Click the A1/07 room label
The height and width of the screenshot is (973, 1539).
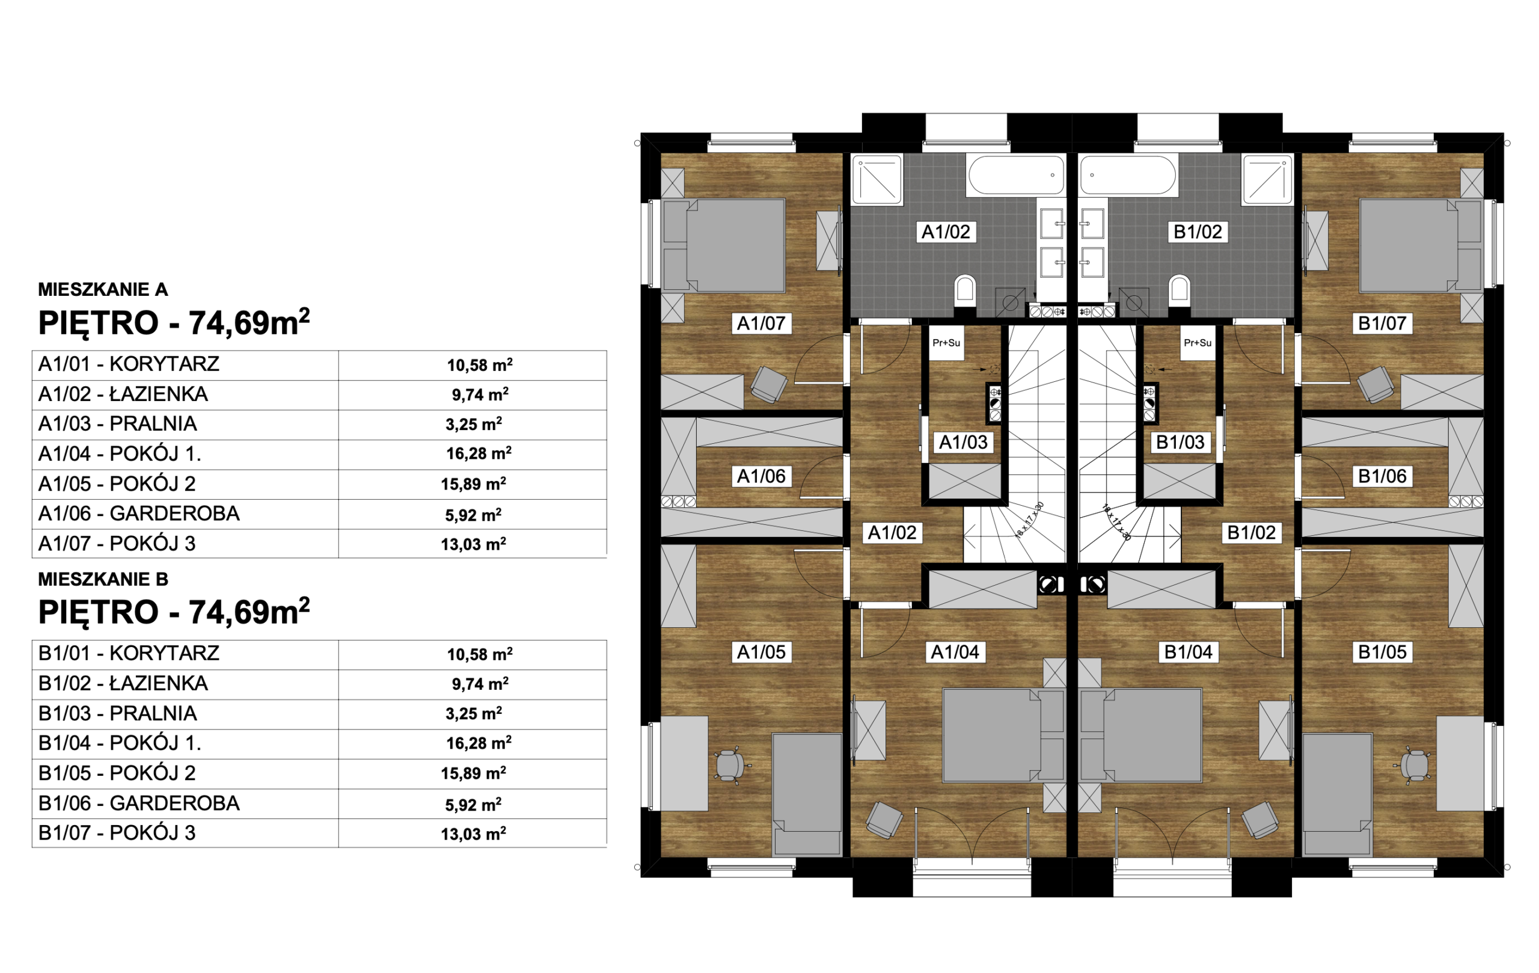(760, 324)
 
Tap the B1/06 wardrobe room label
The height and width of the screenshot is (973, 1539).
(1381, 476)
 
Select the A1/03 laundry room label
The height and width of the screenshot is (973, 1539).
(962, 443)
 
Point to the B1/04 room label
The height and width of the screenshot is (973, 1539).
(1188, 652)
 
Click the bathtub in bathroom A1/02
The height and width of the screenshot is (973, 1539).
(1016, 175)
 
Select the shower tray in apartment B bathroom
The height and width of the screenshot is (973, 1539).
(1267, 180)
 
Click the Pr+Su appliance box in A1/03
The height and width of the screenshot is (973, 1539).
(946, 343)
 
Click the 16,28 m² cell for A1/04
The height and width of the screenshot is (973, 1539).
(479, 454)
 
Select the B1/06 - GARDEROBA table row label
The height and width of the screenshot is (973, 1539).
(139, 803)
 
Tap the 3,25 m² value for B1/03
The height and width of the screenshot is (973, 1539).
(474, 713)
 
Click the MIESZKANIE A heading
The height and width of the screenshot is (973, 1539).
(103, 290)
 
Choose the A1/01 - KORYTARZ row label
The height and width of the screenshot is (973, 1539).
(129, 364)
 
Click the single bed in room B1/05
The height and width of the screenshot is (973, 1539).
(1337, 794)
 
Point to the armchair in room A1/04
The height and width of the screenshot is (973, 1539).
(884, 820)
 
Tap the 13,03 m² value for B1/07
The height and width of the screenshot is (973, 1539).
(474, 833)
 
